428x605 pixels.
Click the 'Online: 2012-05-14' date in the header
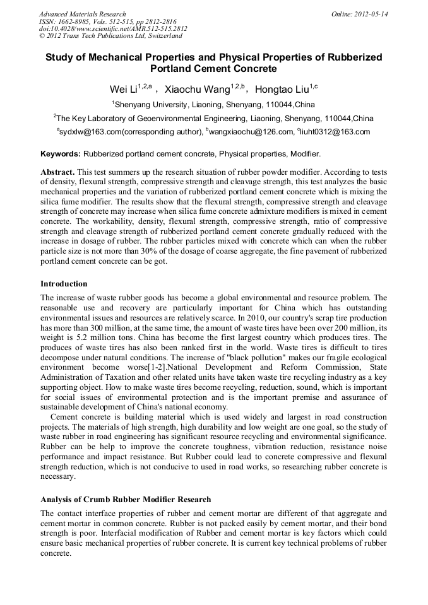[360, 13]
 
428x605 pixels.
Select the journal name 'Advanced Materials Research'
[82, 13]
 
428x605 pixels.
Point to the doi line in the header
[113, 28]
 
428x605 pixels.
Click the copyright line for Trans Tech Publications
[110, 36]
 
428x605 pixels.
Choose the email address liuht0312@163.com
[335, 132]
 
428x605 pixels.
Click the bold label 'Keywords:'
[61, 153]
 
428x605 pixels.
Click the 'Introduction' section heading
[64, 284]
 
